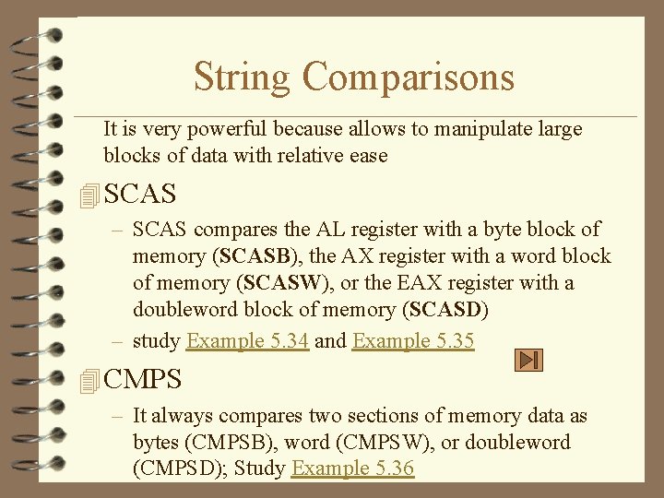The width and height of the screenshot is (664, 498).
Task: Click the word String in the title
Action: click(243, 77)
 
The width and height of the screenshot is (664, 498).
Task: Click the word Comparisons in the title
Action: click(408, 77)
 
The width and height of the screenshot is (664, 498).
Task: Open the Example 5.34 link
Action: click(247, 340)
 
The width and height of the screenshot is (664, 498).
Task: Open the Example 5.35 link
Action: click(413, 340)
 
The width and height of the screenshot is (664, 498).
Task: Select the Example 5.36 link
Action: click(352, 468)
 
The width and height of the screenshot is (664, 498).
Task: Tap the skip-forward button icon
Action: click(528, 361)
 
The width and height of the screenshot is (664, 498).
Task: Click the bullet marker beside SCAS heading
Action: click(89, 195)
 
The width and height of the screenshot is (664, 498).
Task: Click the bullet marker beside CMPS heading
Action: click(89, 379)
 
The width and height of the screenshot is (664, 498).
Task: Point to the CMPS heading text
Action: click(143, 379)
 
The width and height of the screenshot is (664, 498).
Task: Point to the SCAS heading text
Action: click(140, 195)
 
